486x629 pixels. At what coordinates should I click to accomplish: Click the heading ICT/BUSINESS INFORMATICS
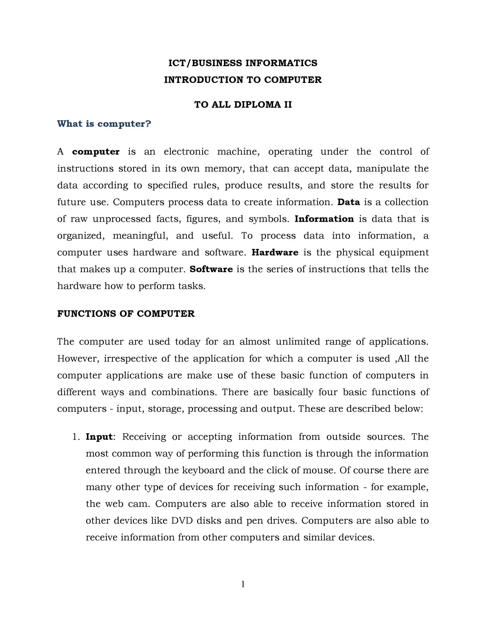[x=243, y=63]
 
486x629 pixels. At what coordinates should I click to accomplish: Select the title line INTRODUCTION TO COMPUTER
[x=243, y=80]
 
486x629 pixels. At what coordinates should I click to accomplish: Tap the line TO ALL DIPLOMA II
[x=243, y=105]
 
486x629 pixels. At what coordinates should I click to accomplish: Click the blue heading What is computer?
[x=104, y=124]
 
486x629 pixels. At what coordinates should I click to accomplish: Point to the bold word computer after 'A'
[x=96, y=152]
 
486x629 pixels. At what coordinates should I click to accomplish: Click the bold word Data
[x=349, y=202]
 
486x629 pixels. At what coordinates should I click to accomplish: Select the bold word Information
[x=324, y=219]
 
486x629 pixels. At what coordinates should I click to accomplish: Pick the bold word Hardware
[x=275, y=252]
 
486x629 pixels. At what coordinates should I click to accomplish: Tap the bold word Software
[x=211, y=269]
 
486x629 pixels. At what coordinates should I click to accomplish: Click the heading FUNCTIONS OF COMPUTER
[x=126, y=314]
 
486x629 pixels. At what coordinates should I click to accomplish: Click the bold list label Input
[x=99, y=437]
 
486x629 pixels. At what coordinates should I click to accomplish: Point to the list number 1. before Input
[x=76, y=437]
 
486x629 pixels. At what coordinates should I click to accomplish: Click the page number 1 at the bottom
[x=243, y=584]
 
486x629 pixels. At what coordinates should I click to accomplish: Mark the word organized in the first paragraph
[x=80, y=236]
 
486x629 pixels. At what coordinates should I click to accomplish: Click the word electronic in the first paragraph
[x=186, y=152]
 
